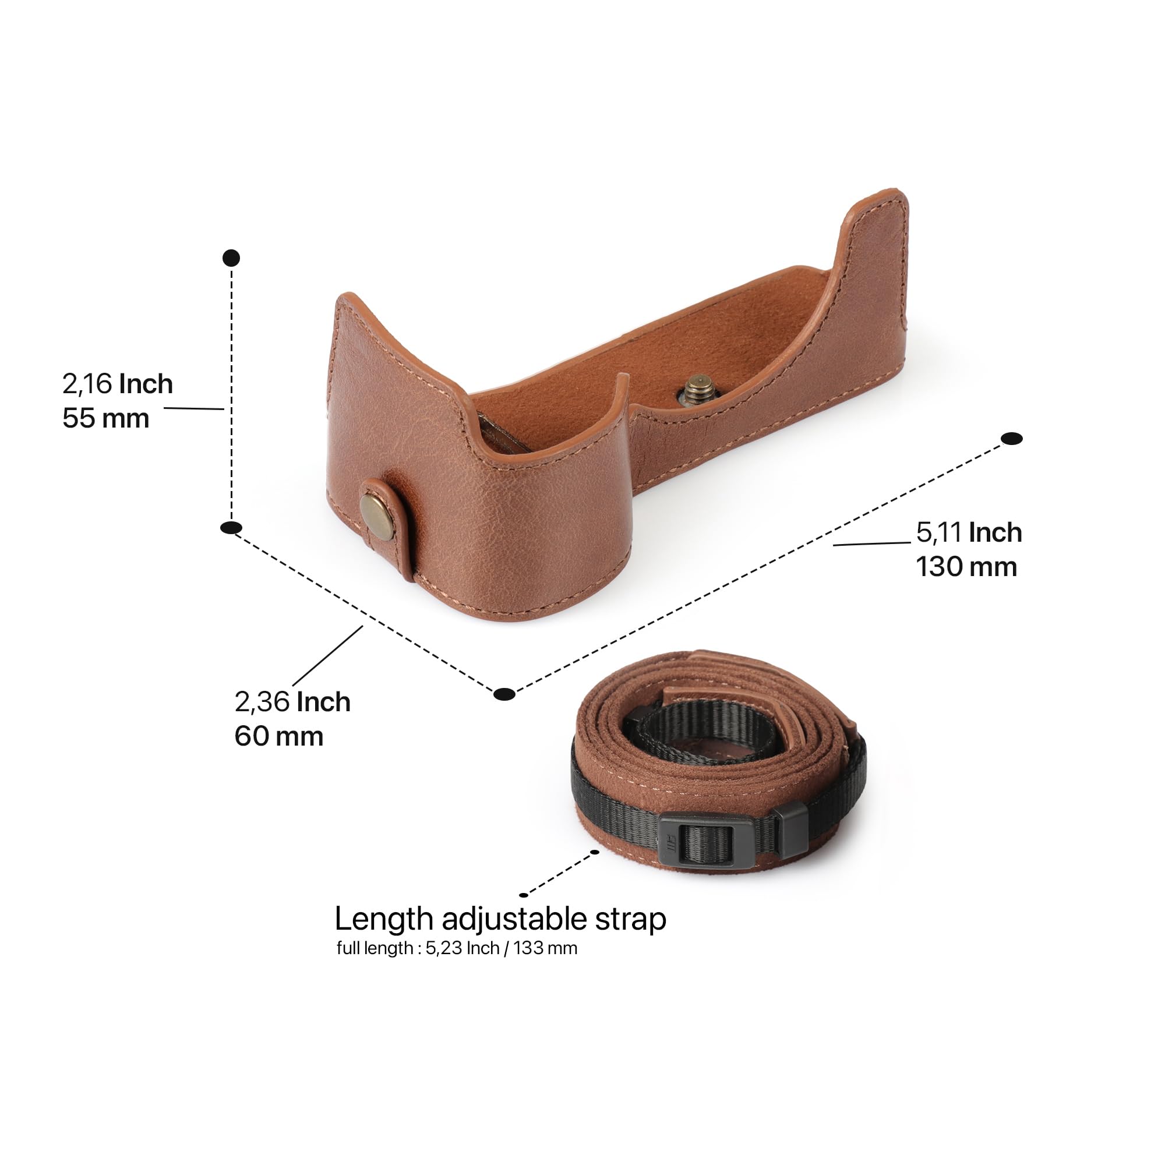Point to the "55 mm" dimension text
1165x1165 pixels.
pyautogui.click(x=106, y=418)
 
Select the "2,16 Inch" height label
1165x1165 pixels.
pyautogui.click(x=118, y=383)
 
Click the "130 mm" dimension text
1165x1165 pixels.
pyautogui.click(x=966, y=566)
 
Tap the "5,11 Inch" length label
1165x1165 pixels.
pyautogui.click(x=969, y=532)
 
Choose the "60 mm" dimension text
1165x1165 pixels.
pyautogui.click(x=278, y=736)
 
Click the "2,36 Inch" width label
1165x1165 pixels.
pyautogui.click(x=292, y=701)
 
